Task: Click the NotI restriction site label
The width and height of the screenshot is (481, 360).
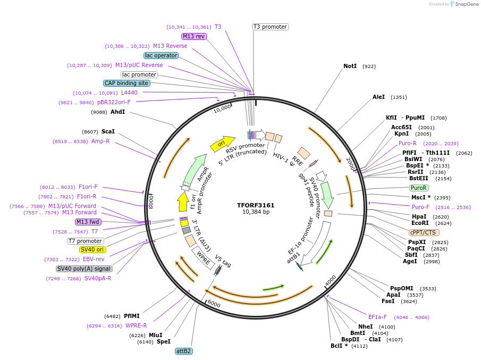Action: (x=350, y=66)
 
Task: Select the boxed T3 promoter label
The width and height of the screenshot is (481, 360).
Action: (x=270, y=27)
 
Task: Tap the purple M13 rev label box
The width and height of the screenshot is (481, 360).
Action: (x=193, y=36)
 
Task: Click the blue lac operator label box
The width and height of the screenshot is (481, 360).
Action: (x=161, y=55)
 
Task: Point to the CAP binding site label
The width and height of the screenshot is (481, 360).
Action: (x=126, y=83)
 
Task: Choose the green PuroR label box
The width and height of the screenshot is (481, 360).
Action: (x=419, y=188)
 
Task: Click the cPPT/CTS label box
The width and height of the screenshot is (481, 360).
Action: (x=424, y=232)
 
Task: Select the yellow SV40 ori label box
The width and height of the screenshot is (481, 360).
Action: (x=92, y=249)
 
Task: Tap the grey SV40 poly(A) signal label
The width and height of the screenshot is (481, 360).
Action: (x=84, y=269)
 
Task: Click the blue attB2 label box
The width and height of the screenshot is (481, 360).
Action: (x=184, y=351)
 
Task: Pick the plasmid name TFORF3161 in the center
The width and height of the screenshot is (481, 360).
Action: (x=256, y=205)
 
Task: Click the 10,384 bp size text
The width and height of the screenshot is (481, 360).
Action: (x=256, y=212)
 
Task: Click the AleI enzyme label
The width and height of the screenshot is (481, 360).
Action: (x=378, y=97)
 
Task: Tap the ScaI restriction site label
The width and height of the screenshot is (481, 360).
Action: (x=108, y=131)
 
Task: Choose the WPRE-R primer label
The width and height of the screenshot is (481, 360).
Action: (x=136, y=325)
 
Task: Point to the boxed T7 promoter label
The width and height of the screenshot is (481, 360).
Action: (x=86, y=241)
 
